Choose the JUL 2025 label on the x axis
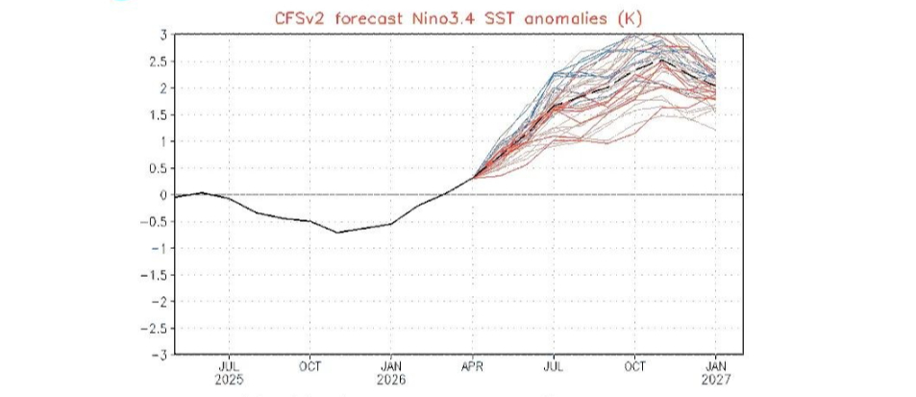(230, 372)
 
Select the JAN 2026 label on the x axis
(391, 372)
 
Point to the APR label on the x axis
(472, 366)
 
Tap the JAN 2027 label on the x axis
(715, 372)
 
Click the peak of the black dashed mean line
(662, 60)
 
